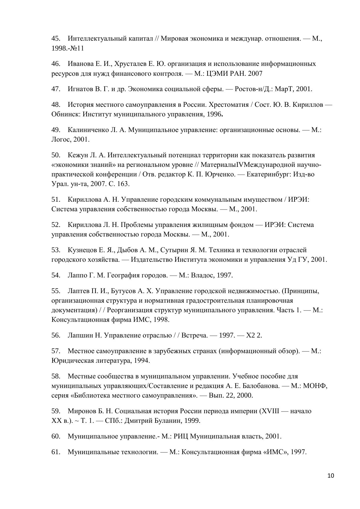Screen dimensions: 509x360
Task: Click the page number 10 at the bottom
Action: (x=331, y=476)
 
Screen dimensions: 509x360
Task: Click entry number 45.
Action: (x=56, y=38)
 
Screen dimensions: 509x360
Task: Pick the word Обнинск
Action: (x=65, y=114)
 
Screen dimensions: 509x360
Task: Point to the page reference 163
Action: (x=123, y=184)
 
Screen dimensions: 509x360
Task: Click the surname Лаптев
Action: (x=77, y=291)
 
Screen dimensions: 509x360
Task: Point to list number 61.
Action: (x=56, y=452)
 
